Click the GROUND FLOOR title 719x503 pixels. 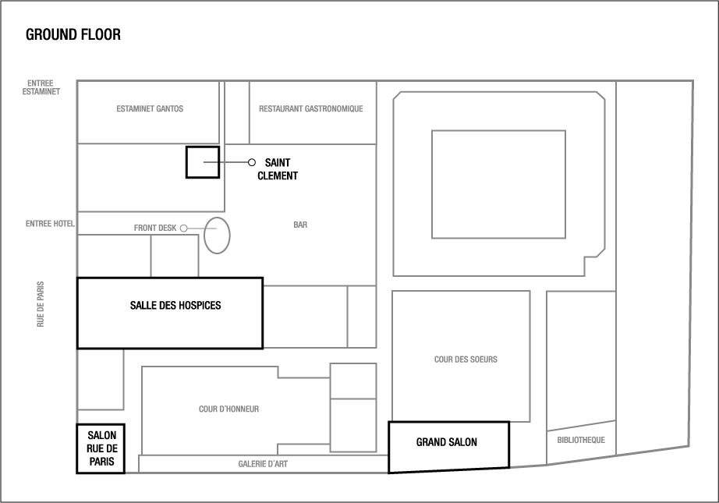pyautogui.click(x=73, y=35)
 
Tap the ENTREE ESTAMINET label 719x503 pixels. pyautogui.click(x=41, y=87)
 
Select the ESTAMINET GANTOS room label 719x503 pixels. pyautogui.click(x=150, y=109)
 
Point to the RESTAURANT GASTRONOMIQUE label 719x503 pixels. pyautogui.click(x=311, y=109)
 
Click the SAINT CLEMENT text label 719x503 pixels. pyautogui.click(x=277, y=168)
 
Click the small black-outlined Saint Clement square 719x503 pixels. pyautogui.click(x=202, y=162)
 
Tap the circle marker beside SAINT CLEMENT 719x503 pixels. pyautogui.click(x=251, y=162)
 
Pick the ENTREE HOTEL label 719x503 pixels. pyautogui.click(x=49, y=224)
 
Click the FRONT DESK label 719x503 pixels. pyautogui.click(x=155, y=228)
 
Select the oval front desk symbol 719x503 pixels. pyautogui.click(x=218, y=235)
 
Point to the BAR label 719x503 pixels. pyautogui.click(x=300, y=225)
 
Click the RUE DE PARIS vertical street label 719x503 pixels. pyautogui.click(x=41, y=304)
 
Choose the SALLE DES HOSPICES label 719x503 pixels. pyautogui.click(x=175, y=306)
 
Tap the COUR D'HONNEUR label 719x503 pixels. pyautogui.click(x=228, y=409)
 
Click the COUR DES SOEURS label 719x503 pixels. pyautogui.click(x=466, y=360)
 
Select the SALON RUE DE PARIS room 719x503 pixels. pyautogui.click(x=101, y=448)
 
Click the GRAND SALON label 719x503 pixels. pyautogui.click(x=446, y=443)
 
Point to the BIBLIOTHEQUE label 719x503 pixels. pyautogui.click(x=581, y=440)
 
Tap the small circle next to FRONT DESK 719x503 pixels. pyautogui.click(x=184, y=228)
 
